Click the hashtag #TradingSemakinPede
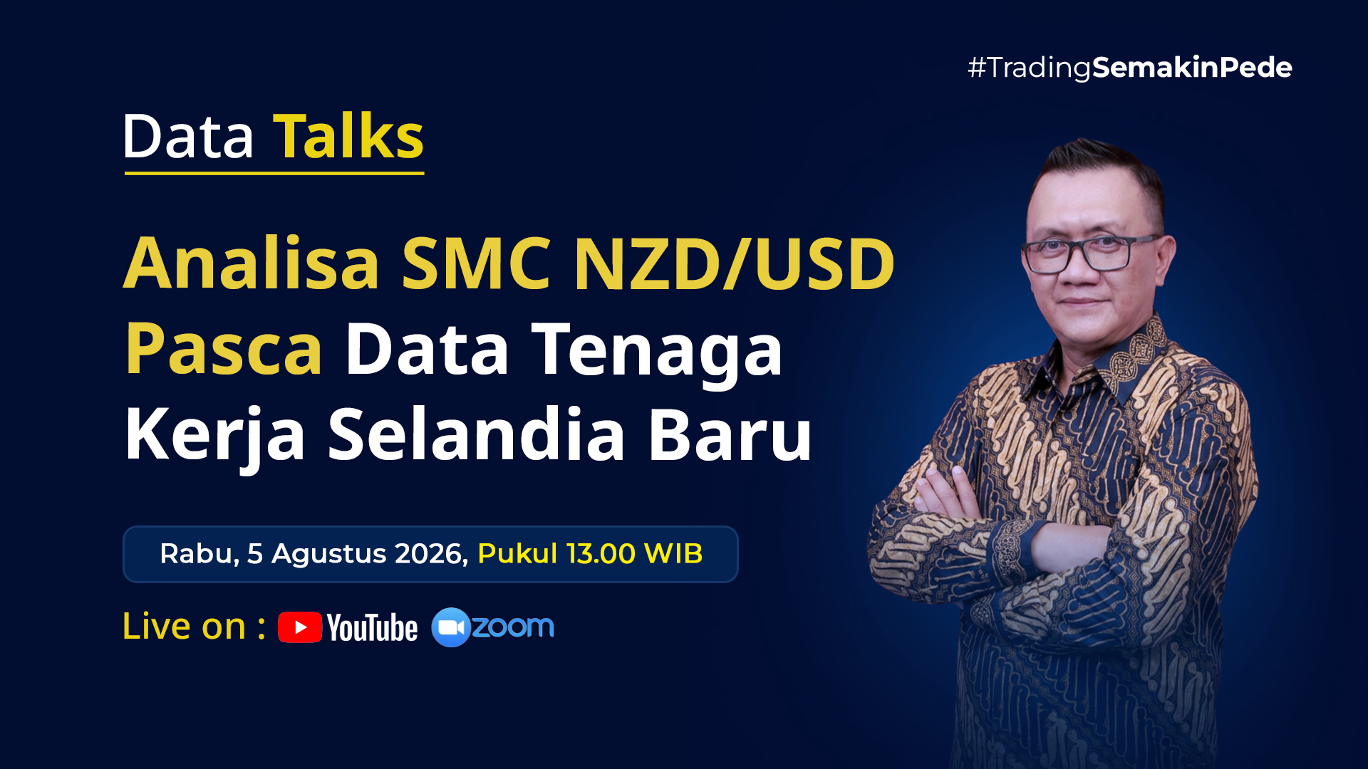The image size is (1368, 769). coord(1130,68)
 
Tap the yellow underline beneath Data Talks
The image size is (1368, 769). coord(274,172)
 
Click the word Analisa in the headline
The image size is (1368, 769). coord(252,263)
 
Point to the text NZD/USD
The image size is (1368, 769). coord(734,263)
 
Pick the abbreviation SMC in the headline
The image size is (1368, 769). coord(477,263)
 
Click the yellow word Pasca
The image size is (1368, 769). coord(224,349)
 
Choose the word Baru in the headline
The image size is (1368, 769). coord(730,434)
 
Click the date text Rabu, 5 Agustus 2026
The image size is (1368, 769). coord(314,554)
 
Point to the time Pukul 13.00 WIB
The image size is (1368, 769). coord(590,553)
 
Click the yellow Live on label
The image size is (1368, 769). coord(194,627)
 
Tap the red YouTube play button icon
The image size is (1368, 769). coord(300,627)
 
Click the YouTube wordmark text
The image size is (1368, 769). coord(372,628)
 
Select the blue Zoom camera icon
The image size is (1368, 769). coord(451,627)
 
